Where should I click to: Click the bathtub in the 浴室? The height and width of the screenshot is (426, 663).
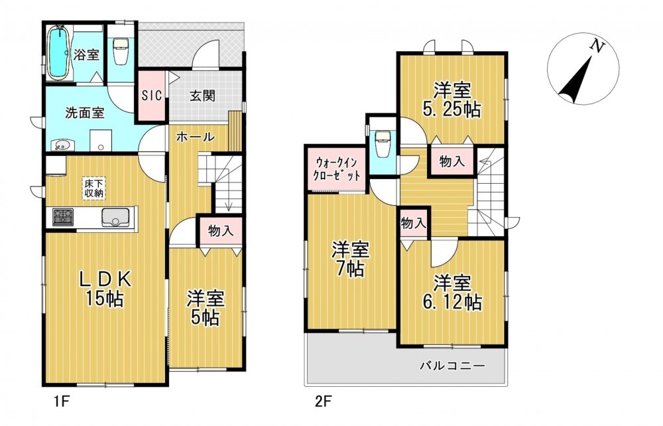pos(58,52)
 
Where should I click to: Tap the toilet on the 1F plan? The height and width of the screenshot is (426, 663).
pos(121,51)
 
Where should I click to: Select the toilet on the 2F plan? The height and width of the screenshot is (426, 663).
pos(383,142)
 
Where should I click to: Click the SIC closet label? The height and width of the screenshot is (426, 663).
pos(151,96)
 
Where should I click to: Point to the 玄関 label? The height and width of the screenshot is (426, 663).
pos(202,96)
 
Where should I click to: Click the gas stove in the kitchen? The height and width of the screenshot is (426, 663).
pos(62,217)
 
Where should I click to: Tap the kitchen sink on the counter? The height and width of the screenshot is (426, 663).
pos(115,218)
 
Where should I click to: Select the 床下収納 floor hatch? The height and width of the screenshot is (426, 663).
pos(94,188)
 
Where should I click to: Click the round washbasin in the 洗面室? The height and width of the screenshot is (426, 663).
pos(62,145)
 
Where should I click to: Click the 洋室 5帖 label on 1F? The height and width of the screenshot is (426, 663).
pos(206,307)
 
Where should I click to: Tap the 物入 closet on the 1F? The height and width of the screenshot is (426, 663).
pos(221,231)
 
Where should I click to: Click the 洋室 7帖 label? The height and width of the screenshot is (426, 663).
pos(351,259)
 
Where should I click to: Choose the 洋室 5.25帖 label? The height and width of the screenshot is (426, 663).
pos(452,100)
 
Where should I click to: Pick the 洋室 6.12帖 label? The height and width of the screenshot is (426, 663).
pos(452,293)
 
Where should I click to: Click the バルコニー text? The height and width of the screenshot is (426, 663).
pos(452,366)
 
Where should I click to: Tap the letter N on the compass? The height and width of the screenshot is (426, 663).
pos(597,46)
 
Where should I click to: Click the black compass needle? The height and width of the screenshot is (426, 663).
pos(575,81)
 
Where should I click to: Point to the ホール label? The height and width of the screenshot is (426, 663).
pos(196,137)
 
